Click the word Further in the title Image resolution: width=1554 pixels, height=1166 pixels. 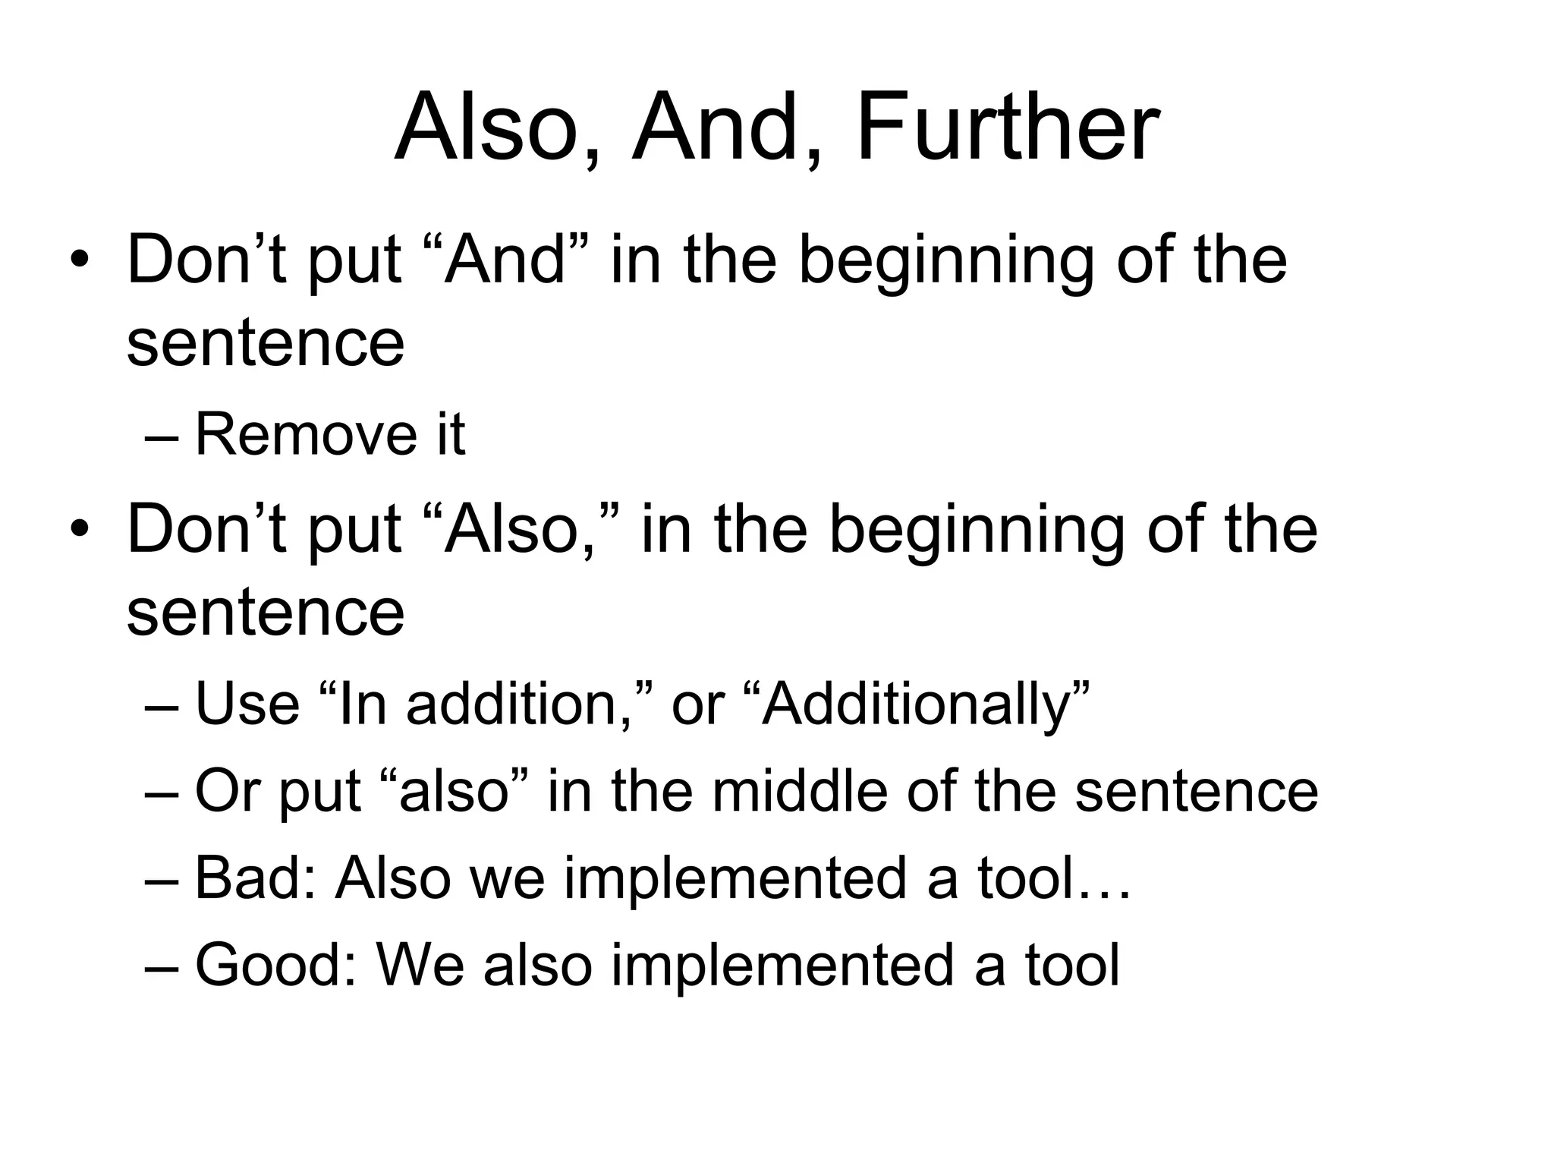[x=1007, y=127]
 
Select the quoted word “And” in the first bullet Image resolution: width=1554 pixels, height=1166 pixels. [x=516, y=259]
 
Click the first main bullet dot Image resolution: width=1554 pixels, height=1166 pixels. [x=79, y=263]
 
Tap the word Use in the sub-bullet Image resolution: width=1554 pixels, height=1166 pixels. [x=247, y=703]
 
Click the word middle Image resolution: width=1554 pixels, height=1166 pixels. [x=800, y=791]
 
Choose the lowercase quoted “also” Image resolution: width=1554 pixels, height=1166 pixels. [x=453, y=791]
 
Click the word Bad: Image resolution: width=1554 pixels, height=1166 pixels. [x=255, y=878]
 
